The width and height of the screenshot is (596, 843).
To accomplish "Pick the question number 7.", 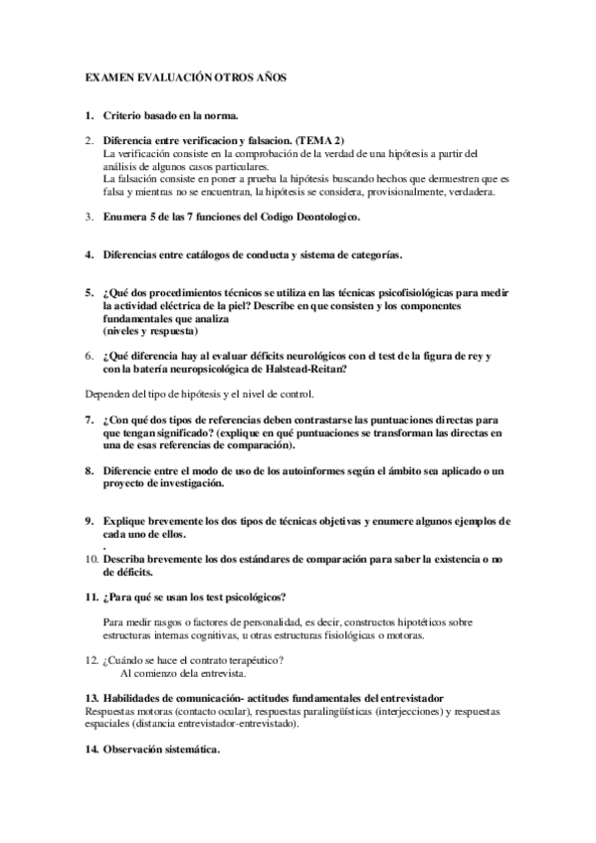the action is (90, 420).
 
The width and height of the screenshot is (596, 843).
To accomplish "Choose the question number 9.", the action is (90, 521).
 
